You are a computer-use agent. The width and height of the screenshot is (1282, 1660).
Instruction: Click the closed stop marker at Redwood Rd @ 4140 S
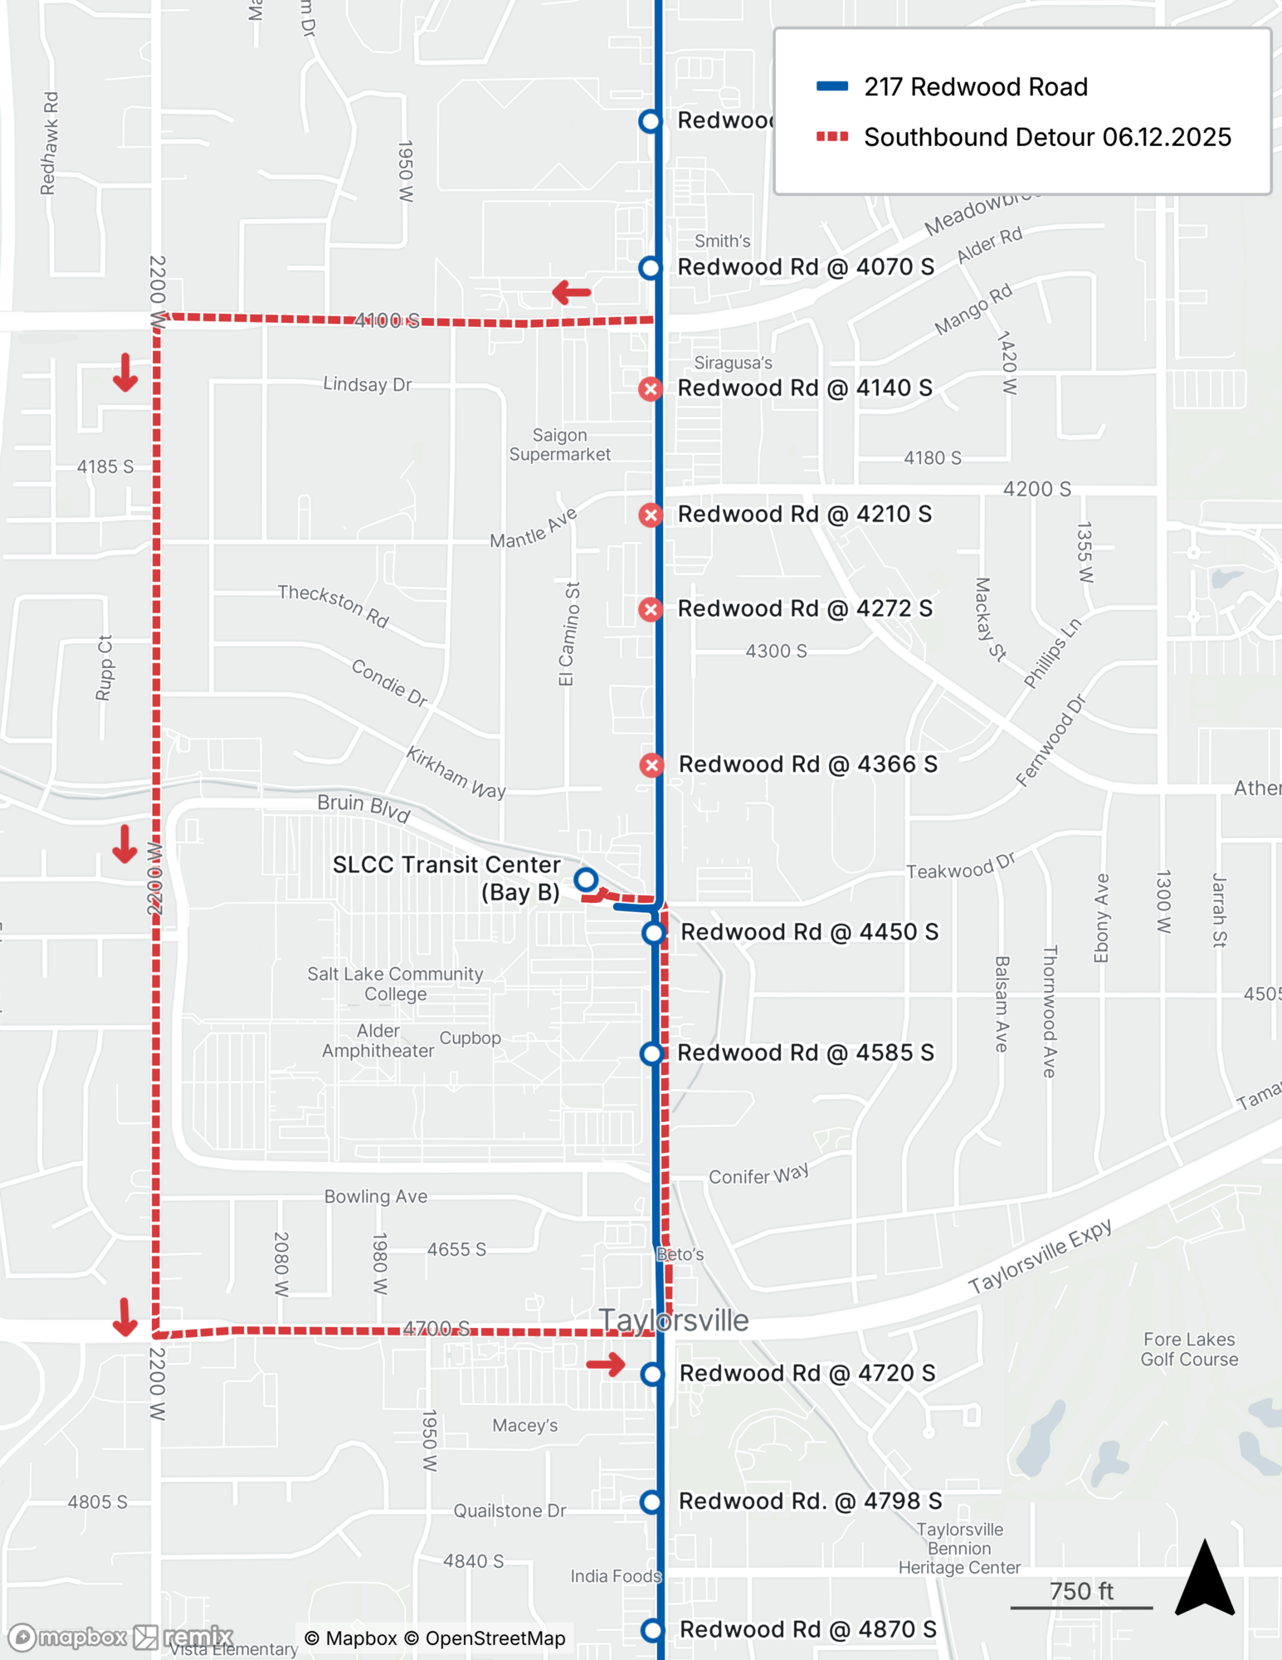click(651, 388)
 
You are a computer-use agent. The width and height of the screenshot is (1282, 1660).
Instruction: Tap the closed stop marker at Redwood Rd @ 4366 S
click(651, 764)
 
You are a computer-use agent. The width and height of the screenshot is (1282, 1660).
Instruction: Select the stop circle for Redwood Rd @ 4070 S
click(651, 267)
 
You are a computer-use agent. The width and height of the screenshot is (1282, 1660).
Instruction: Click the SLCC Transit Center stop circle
click(586, 879)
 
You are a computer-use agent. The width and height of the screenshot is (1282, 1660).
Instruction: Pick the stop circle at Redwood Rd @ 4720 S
click(652, 1374)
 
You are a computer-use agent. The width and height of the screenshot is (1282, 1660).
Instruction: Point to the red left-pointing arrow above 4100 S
click(572, 292)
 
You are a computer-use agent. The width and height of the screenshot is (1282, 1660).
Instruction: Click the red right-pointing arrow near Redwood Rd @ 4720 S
click(606, 1364)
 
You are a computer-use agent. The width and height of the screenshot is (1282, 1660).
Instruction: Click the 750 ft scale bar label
click(1081, 1591)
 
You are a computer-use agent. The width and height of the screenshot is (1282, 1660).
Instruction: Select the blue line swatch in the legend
click(832, 86)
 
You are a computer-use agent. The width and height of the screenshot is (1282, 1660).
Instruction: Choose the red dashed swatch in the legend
click(832, 137)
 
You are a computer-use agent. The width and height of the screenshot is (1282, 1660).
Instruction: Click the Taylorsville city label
click(674, 1321)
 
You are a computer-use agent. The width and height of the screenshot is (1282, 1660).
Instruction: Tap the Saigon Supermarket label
click(559, 445)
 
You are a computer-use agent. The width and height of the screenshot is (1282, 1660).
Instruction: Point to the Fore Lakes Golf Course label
click(1189, 1349)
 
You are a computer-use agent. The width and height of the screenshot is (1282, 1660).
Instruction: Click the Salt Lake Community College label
click(395, 984)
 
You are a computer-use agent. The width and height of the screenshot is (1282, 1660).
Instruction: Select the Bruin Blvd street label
click(363, 808)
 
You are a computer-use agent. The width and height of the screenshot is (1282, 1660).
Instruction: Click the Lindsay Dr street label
click(367, 384)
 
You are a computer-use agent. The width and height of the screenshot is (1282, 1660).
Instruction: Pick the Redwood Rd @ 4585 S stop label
click(805, 1052)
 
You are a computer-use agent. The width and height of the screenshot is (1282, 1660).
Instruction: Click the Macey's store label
click(524, 1425)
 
